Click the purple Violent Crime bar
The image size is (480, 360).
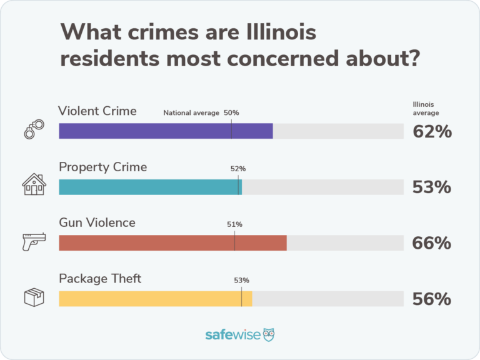166,131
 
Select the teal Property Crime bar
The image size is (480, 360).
150,187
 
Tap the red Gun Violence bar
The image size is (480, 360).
172,243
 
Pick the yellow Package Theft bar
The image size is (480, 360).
155,299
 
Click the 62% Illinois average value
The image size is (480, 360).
431,132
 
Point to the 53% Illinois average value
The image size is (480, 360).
431,187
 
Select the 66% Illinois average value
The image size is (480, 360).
431,243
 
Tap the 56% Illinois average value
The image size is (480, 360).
431,299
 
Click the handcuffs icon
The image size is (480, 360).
34,129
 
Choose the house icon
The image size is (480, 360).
34,185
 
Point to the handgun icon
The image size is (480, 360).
34,241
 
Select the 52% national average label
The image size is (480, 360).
238,169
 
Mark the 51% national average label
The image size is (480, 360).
234,224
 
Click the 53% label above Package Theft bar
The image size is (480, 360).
241,280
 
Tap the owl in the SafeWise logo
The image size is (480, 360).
269,334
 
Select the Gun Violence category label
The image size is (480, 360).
97,222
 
